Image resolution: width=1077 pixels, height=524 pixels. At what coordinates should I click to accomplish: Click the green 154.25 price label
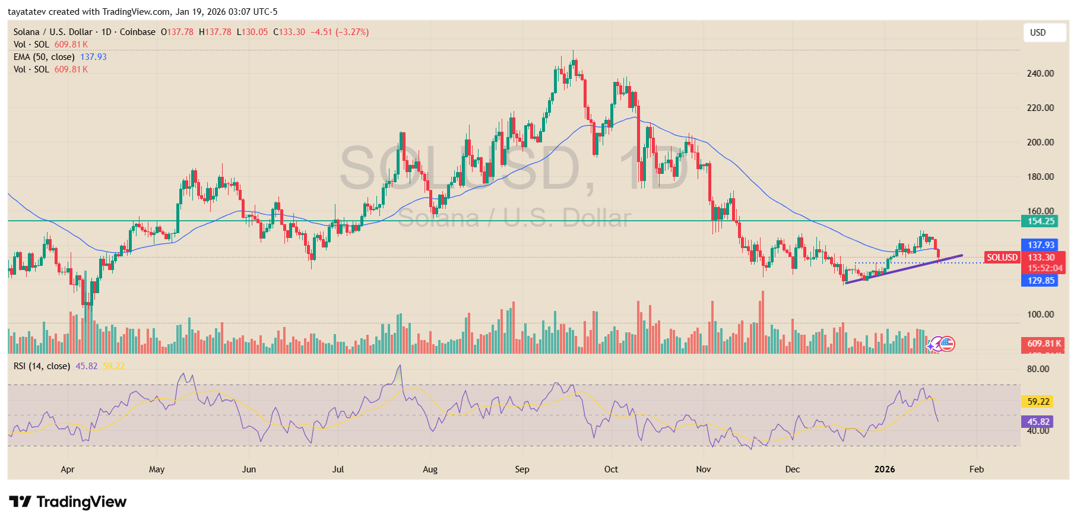click(x=1041, y=221)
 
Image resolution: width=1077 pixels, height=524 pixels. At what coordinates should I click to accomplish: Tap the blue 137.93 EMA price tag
click(x=1041, y=244)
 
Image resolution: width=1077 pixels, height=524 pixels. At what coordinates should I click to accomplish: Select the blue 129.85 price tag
click(x=1041, y=281)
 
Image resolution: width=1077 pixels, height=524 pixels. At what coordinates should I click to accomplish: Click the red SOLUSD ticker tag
click(x=1002, y=258)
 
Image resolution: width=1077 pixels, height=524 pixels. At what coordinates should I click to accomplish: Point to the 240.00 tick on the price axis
click(x=1040, y=74)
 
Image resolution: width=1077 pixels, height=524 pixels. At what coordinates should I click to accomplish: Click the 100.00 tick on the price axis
click(x=1040, y=315)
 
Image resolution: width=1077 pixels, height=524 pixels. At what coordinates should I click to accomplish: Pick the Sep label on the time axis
click(x=522, y=469)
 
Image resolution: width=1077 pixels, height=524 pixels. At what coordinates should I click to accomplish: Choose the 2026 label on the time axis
click(x=884, y=469)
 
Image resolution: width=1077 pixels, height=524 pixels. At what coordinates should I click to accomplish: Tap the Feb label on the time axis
click(x=976, y=469)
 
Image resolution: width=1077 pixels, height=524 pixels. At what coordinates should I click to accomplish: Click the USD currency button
click(x=1044, y=33)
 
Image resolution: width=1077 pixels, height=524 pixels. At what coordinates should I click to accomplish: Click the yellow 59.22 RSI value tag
click(x=1038, y=402)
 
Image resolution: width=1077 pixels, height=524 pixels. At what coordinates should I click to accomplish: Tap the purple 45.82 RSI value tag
click(x=1038, y=422)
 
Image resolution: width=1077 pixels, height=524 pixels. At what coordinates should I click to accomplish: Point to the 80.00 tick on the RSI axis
click(x=1038, y=369)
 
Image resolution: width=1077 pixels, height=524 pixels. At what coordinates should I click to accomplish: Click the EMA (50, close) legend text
click(x=44, y=57)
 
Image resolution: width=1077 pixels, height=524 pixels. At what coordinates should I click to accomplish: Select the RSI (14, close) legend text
click(x=42, y=366)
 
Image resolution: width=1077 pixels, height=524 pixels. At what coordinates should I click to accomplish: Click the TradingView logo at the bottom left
click(x=68, y=502)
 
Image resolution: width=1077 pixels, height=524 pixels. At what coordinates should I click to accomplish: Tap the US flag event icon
click(x=947, y=344)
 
